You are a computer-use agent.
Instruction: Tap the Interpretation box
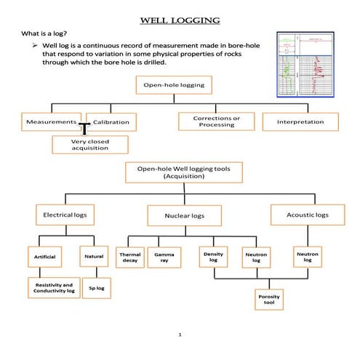pyautogui.click(x=300, y=121)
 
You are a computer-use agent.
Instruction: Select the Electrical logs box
pyautogui.click(x=65, y=215)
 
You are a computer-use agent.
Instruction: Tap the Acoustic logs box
pyautogui.click(x=303, y=215)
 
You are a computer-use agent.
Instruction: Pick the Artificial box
pyautogui.click(x=45, y=257)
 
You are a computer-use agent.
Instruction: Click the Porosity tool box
pyautogui.click(x=269, y=300)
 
